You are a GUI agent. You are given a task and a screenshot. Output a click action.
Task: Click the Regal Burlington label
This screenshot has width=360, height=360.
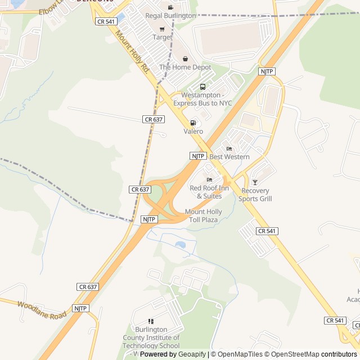[170, 16]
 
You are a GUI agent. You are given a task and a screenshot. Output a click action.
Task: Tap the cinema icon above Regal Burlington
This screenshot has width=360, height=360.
[170, 7]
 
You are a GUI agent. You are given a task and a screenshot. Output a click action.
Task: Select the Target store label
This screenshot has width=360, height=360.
[163, 37]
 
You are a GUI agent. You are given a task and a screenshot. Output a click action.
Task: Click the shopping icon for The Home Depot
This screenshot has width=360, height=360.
[185, 58]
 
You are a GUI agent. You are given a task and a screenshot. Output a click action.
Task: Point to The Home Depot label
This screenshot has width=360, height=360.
[185, 67]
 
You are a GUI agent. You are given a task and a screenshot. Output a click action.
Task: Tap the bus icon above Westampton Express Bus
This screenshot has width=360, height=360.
[202, 87]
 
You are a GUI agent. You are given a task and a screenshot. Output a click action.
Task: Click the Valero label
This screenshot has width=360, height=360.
[193, 131]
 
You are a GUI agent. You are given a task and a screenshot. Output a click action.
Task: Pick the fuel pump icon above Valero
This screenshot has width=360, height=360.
[193, 123]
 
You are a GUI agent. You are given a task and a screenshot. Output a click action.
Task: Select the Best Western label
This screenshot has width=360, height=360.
[229, 156]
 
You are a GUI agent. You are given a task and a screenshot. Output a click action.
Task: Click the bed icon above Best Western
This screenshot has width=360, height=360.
[229, 148]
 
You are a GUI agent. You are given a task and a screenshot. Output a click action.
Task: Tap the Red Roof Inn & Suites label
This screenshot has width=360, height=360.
[209, 192]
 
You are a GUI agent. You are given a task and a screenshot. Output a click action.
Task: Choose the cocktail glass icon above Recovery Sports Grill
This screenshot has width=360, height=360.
[255, 182]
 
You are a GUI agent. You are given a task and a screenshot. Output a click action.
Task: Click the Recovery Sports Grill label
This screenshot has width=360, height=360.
[255, 195]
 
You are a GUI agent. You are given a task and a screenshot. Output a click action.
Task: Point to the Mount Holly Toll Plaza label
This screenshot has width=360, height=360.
[204, 215]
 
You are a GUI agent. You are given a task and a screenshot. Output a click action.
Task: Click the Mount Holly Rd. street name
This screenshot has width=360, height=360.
[133, 53]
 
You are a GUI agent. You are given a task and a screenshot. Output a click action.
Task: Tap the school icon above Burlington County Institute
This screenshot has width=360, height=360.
[151, 321]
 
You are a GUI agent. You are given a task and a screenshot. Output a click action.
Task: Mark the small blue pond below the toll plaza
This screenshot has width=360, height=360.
[180, 245]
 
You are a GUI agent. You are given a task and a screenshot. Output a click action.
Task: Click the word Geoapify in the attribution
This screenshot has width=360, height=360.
[192, 354]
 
